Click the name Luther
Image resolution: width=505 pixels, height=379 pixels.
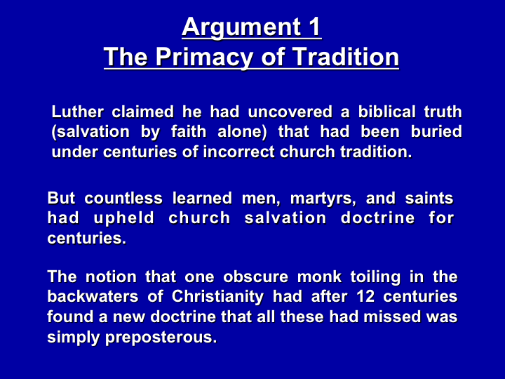[78, 112]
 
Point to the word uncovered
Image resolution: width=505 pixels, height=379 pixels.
[290, 112]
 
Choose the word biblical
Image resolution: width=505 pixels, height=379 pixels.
[386, 112]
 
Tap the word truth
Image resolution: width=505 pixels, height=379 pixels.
[443, 112]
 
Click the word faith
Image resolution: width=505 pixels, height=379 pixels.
[189, 132]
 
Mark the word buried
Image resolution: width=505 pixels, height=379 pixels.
[436, 132]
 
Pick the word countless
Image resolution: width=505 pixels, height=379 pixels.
[123, 198]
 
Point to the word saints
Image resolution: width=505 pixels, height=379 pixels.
[429, 198]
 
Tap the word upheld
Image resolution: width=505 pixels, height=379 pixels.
[124, 219]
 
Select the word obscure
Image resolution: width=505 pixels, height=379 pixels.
[256, 277]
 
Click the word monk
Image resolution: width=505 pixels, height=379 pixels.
[319, 277]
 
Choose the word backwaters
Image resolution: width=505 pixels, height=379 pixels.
[93, 297]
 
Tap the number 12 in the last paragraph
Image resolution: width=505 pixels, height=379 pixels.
[365, 297]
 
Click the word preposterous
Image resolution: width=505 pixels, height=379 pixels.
[161, 338]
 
